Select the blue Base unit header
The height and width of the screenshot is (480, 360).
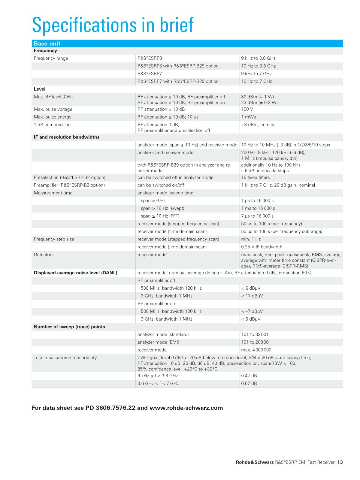(x=47, y=44)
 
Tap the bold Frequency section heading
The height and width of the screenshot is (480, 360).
(x=45, y=51)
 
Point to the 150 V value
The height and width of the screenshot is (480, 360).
(x=247, y=109)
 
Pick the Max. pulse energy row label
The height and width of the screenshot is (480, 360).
(x=53, y=117)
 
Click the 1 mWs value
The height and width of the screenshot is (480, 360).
(x=248, y=117)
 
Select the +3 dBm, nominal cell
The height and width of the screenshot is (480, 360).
(x=259, y=125)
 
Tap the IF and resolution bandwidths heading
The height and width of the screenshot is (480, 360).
(x=67, y=137)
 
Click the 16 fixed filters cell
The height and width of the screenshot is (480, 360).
(x=255, y=177)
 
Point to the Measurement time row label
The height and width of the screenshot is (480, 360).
(x=53, y=193)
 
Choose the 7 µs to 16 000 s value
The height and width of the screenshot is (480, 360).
(x=257, y=216)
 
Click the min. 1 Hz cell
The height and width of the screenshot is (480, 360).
(x=251, y=239)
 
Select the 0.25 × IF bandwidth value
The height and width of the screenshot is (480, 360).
(x=262, y=247)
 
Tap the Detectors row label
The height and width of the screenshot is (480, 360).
(x=44, y=255)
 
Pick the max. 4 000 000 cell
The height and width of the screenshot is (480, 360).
(x=256, y=350)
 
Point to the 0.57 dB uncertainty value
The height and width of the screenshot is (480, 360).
(x=249, y=384)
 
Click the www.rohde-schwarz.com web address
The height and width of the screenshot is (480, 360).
(x=186, y=408)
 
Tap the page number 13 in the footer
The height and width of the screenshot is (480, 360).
(x=340, y=462)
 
